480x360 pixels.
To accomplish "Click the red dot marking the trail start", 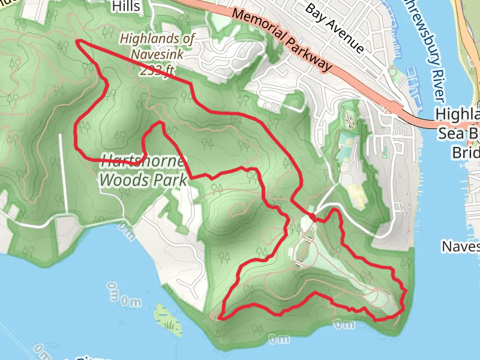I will pos(313,216).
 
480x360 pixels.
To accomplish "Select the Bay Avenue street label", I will pos(334,28).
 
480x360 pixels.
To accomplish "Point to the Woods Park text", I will pos(143,179).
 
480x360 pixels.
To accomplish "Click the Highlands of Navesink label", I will pos(157,47).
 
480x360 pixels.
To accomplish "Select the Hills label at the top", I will pos(125,7).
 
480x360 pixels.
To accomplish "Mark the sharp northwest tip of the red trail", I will pos(77,41).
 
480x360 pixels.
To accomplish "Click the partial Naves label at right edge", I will pos(460,246).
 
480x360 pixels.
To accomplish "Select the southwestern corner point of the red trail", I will pos(220,317).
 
